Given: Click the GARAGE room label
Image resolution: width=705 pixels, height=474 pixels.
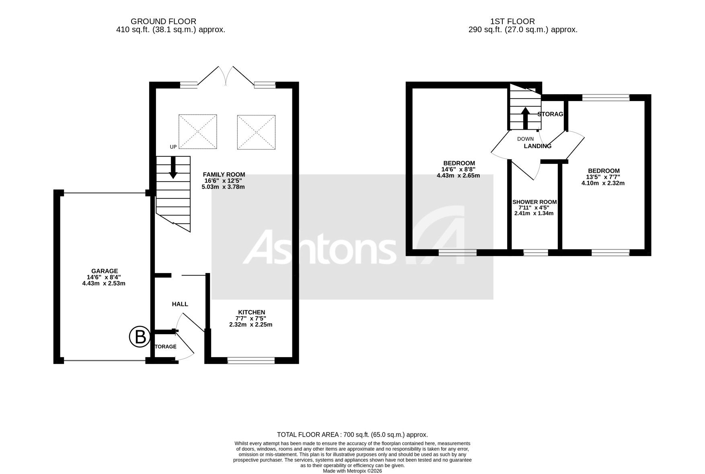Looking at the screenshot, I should (x=104, y=271).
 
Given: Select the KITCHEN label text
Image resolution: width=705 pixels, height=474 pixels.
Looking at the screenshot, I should (x=251, y=312).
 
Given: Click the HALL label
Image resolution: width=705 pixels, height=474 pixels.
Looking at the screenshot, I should (x=180, y=304).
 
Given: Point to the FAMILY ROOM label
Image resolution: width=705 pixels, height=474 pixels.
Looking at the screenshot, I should (x=224, y=174).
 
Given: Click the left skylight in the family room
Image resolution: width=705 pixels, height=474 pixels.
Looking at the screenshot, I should (x=197, y=132).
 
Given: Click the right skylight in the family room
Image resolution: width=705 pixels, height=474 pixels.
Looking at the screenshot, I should (x=256, y=132).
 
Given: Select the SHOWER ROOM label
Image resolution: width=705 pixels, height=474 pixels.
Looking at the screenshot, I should (x=534, y=202).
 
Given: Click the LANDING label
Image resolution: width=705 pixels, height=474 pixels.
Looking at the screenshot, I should (x=537, y=146).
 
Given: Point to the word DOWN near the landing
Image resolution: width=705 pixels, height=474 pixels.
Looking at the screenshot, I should (x=525, y=139).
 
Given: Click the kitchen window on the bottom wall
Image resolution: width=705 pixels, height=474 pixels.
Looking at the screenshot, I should (x=251, y=360).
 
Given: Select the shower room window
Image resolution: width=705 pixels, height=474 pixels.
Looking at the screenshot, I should (x=535, y=253).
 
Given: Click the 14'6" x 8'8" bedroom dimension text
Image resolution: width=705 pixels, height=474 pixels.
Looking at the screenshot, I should (x=458, y=170).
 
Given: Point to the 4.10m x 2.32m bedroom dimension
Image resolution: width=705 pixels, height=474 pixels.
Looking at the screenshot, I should (x=603, y=183).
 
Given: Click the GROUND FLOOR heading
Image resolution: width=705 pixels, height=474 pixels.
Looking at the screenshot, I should (x=163, y=21).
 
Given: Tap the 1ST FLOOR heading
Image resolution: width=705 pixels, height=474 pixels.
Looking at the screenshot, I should (x=512, y=21).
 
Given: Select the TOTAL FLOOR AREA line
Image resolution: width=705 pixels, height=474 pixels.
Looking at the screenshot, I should (x=352, y=435).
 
